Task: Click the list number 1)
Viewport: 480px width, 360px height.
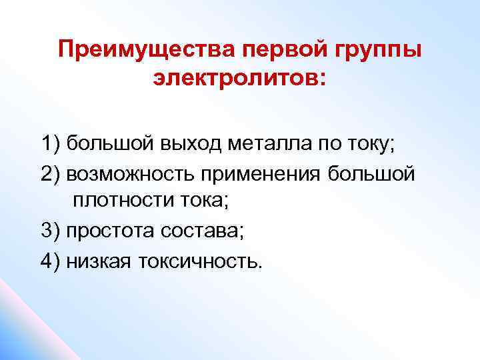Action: click(51, 143)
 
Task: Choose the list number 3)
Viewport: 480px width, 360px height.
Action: click(51, 231)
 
